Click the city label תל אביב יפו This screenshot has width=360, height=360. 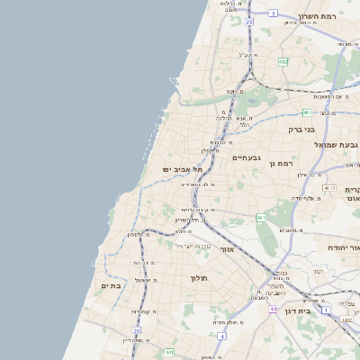pos(180,168)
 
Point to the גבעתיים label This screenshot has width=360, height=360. pos(246,157)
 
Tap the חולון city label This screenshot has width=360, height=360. pos(198,278)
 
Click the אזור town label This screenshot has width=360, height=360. pos(227,248)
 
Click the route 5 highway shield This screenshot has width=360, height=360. pos(273,13)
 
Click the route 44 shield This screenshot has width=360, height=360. pos(271,308)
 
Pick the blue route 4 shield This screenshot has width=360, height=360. pos(221,336)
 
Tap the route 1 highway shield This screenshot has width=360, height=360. pos(326,284)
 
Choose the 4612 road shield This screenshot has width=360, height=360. pos(328,188)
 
